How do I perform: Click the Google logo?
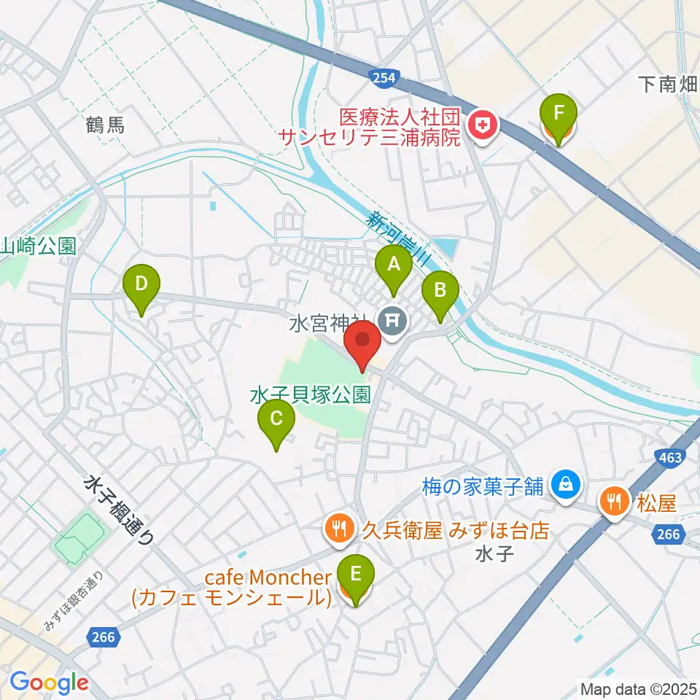(49, 682)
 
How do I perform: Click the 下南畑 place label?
(668, 85)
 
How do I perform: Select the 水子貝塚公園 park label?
(311, 395)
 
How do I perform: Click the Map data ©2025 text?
(638, 688)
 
